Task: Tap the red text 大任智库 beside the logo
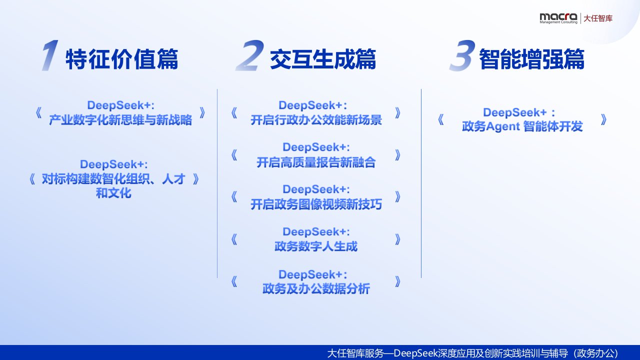pos(597,18)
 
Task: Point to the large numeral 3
pos(462,55)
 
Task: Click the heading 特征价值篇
pos(122,59)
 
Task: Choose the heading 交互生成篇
pos(323,59)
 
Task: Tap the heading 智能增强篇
pos(531,59)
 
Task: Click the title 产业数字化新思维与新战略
pos(120,120)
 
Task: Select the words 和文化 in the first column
pos(113,193)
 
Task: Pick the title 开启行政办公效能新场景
pos(316,120)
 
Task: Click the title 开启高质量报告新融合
pos(316,162)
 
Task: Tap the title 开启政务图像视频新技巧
pos(316,204)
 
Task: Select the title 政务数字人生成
pos(316,246)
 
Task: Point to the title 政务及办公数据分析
pos(316,288)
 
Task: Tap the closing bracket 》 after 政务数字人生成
pos(397,239)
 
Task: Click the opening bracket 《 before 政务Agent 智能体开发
pos(441,119)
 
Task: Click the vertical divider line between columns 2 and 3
pos(421,183)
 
